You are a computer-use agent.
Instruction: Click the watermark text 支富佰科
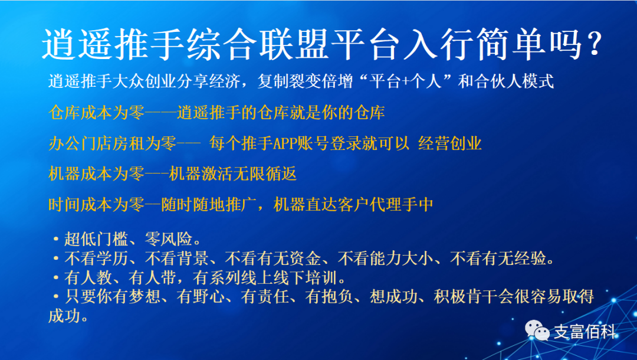pos(583,332)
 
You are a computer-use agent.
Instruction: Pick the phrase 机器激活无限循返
pos(232,174)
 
